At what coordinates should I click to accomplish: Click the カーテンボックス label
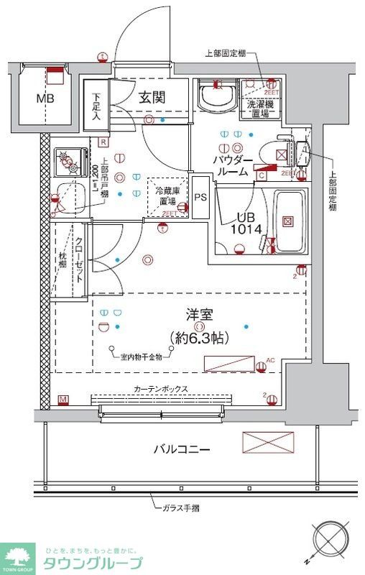161,389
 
